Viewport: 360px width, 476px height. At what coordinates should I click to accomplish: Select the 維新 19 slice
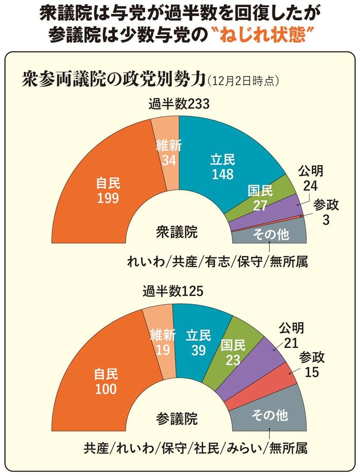pos(162,342)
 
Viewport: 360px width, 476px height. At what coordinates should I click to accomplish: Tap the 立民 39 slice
pos(198,342)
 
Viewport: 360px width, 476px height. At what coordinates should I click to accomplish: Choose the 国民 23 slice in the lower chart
pos(233,352)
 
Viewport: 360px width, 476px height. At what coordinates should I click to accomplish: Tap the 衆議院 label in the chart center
pos(176,233)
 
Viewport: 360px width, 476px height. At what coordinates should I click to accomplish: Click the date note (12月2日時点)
pos(243,80)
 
